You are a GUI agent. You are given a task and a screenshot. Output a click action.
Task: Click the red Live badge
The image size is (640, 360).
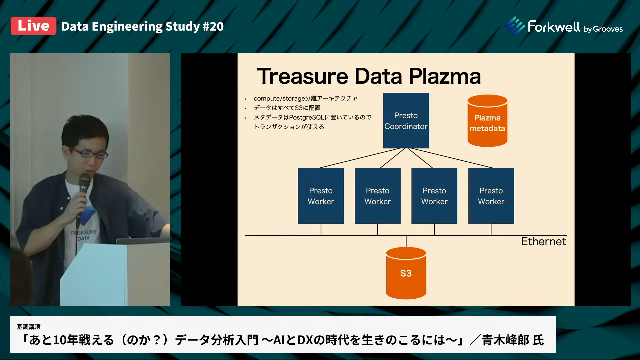coord(33,26)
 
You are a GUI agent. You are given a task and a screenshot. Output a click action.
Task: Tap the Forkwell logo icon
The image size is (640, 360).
coord(515,26)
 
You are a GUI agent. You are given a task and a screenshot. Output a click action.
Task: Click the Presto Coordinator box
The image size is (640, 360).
coord(406,121)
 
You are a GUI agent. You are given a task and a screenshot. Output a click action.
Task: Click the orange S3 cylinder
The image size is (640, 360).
coord(406,273)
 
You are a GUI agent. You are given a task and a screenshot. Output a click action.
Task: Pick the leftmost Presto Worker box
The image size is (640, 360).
coord(321,196)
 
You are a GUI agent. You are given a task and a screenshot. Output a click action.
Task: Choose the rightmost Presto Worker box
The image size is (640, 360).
coord(491,196)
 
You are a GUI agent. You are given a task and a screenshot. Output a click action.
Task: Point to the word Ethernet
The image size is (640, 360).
coord(543,241)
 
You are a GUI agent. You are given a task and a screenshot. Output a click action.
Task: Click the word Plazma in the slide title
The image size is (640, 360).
coord(445,76)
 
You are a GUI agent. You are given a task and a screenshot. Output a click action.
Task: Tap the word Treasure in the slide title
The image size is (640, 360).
coord(303,76)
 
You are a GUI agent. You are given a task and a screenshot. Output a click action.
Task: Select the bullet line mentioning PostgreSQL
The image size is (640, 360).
coord(312,117)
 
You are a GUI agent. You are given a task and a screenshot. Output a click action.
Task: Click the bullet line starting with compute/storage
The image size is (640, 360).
coord(305,98)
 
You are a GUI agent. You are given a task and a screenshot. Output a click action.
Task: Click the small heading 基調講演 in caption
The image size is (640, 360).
coord(29,327)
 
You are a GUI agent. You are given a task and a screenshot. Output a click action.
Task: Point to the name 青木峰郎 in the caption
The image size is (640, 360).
coord(505,340)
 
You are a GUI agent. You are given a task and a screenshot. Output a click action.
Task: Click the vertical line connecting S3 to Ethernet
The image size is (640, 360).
coord(406,241)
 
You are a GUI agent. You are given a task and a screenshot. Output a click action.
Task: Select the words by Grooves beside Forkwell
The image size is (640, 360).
coord(603,29)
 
